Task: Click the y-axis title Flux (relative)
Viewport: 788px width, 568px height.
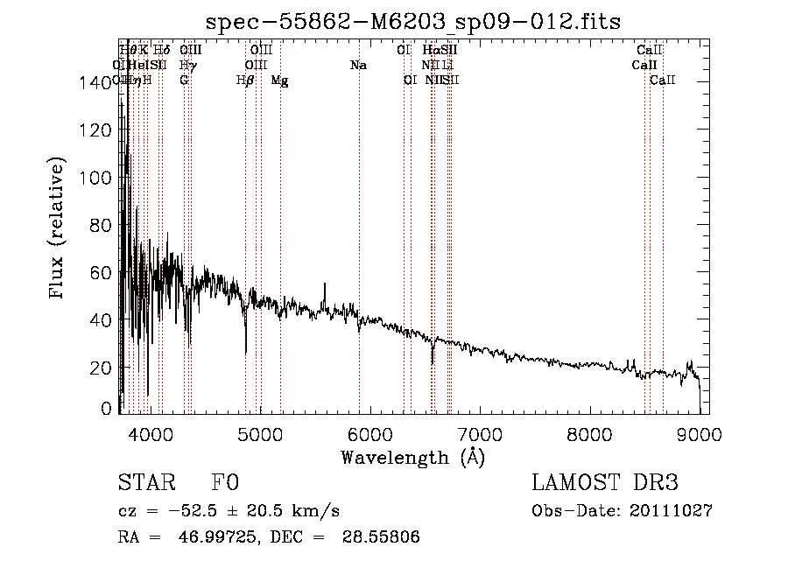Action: pos(59,229)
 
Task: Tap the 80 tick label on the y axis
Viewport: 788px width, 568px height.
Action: pos(101,225)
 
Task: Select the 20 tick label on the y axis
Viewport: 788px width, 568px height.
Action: pos(101,368)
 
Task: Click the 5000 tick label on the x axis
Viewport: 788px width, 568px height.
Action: pos(259,434)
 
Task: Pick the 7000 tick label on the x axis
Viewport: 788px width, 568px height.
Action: pos(480,434)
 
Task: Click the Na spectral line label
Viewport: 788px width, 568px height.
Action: pos(358,66)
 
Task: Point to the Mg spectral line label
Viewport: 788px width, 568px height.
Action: pos(280,81)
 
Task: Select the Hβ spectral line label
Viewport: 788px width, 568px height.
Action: pos(245,81)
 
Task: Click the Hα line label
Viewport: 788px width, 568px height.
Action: pos(430,51)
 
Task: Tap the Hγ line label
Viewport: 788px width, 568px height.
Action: pos(186,66)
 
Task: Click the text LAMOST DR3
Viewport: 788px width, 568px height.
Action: pos(605,483)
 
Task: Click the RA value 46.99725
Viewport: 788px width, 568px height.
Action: pos(216,537)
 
